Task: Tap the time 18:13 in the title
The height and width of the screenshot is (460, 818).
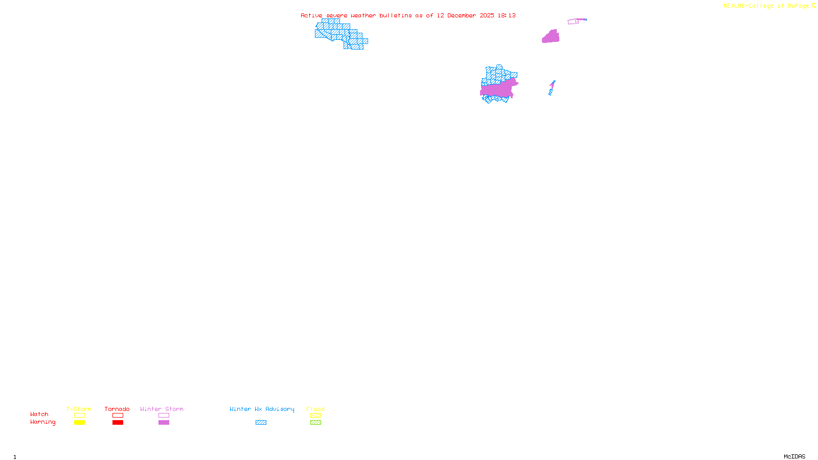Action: pyautogui.click(x=507, y=15)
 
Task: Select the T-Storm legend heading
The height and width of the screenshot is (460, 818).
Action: pyautogui.click(x=79, y=409)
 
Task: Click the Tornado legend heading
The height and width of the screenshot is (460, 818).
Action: pyautogui.click(x=117, y=409)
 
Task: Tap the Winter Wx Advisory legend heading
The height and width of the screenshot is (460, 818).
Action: pyautogui.click(x=262, y=409)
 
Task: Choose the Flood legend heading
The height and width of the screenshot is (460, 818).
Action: pyautogui.click(x=315, y=409)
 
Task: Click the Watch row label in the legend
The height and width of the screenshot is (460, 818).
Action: pyautogui.click(x=39, y=414)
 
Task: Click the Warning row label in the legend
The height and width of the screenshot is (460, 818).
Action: pyautogui.click(x=42, y=422)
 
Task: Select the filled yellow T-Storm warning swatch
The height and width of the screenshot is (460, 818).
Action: pyautogui.click(x=79, y=423)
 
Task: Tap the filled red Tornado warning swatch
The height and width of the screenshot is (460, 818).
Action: pyautogui.click(x=118, y=423)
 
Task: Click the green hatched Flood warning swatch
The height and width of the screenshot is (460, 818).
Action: pyautogui.click(x=316, y=423)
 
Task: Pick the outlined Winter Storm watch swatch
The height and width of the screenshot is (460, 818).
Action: pyautogui.click(x=164, y=416)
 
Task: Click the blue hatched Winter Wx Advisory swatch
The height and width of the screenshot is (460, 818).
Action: pyautogui.click(x=261, y=423)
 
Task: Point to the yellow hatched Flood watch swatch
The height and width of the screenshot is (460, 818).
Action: pyautogui.click(x=316, y=416)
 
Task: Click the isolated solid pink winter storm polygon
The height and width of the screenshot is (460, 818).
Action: pyautogui.click(x=551, y=37)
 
